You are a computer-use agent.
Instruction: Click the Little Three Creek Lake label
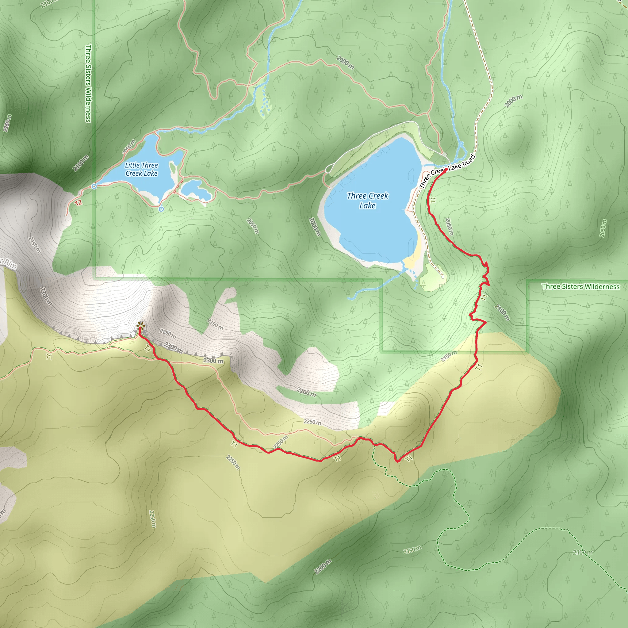pyautogui.click(x=141, y=169)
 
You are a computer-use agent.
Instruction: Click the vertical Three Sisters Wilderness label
pyautogui.click(x=88, y=83)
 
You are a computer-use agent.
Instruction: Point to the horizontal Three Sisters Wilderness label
pyautogui.click(x=580, y=286)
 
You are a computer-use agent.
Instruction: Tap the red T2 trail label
pyautogui.click(x=78, y=203)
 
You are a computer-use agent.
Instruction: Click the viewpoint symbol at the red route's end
pyautogui.click(x=140, y=325)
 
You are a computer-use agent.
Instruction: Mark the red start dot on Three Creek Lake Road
pyautogui.click(x=446, y=169)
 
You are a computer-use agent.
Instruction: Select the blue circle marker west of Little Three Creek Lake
pyautogui.click(x=94, y=186)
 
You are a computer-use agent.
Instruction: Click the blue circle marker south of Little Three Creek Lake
pyautogui.click(x=161, y=209)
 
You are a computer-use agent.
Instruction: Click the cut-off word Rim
pyautogui.click(x=10, y=264)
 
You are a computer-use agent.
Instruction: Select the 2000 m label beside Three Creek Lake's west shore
pyautogui.click(x=315, y=226)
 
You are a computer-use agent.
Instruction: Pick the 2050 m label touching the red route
pyautogui.click(x=449, y=227)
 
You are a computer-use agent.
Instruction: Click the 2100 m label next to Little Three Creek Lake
pyautogui.click(x=81, y=163)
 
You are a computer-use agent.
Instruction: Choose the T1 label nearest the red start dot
pyautogui.click(x=433, y=200)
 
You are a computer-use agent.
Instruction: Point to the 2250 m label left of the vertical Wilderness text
pyautogui.click(x=7, y=123)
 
